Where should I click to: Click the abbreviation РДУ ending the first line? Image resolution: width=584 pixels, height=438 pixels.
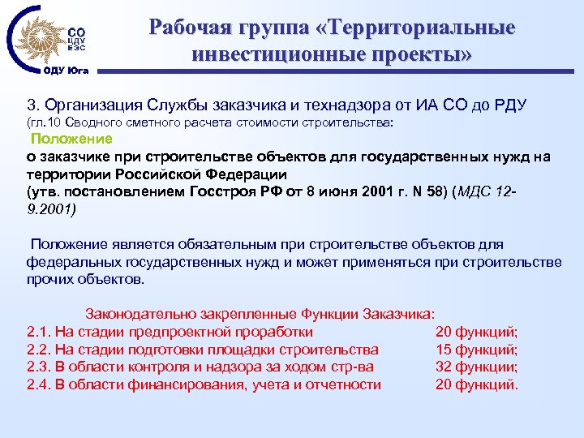coord(509,105)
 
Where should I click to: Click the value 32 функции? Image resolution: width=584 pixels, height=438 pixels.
coord(477,367)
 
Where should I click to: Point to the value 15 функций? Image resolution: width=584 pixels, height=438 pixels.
coord(477,349)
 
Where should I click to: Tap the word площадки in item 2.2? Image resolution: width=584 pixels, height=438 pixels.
coord(243,349)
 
